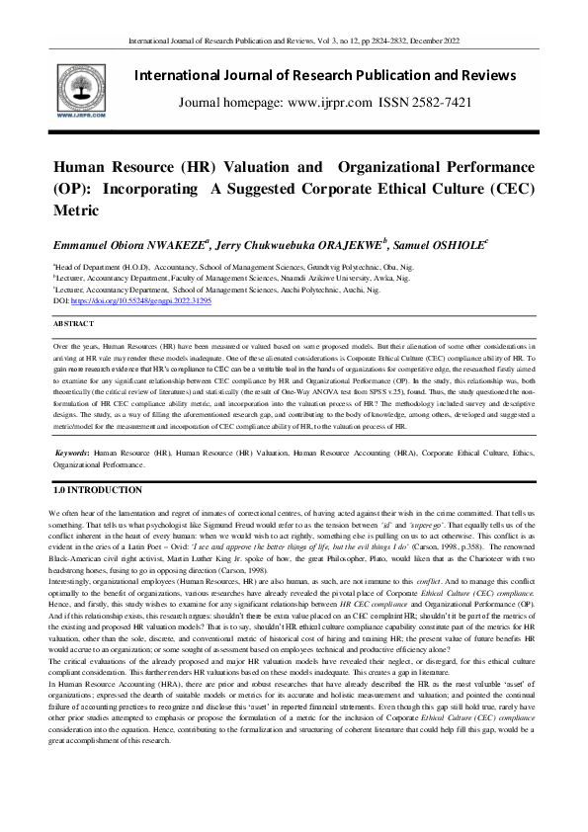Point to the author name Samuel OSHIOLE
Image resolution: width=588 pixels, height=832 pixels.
(402, 243)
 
